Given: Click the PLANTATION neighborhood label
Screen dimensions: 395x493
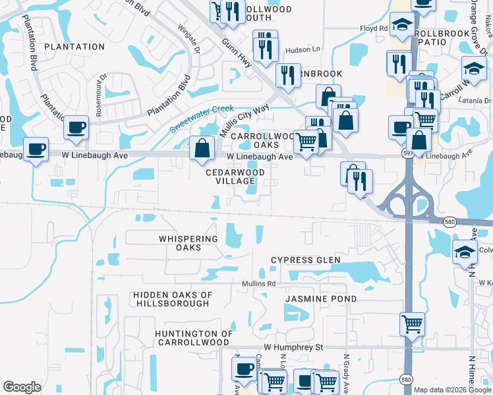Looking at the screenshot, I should (x=74, y=47).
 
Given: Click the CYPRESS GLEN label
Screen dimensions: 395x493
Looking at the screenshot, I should (x=306, y=260).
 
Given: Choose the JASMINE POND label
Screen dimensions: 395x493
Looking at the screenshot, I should (x=321, y=299).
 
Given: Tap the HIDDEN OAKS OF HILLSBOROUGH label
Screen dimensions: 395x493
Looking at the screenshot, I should (x=171, y=299).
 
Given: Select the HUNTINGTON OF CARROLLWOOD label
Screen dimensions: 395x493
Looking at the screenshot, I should (x=194, y=338).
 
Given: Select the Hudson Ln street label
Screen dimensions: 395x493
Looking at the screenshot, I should (x=302, y=50).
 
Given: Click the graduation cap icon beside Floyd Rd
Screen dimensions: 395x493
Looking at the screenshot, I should (x=401, y=25).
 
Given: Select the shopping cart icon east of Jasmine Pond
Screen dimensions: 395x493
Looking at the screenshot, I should (x=412, y=323).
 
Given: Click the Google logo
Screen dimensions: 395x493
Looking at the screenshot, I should (x=22, y=387).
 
